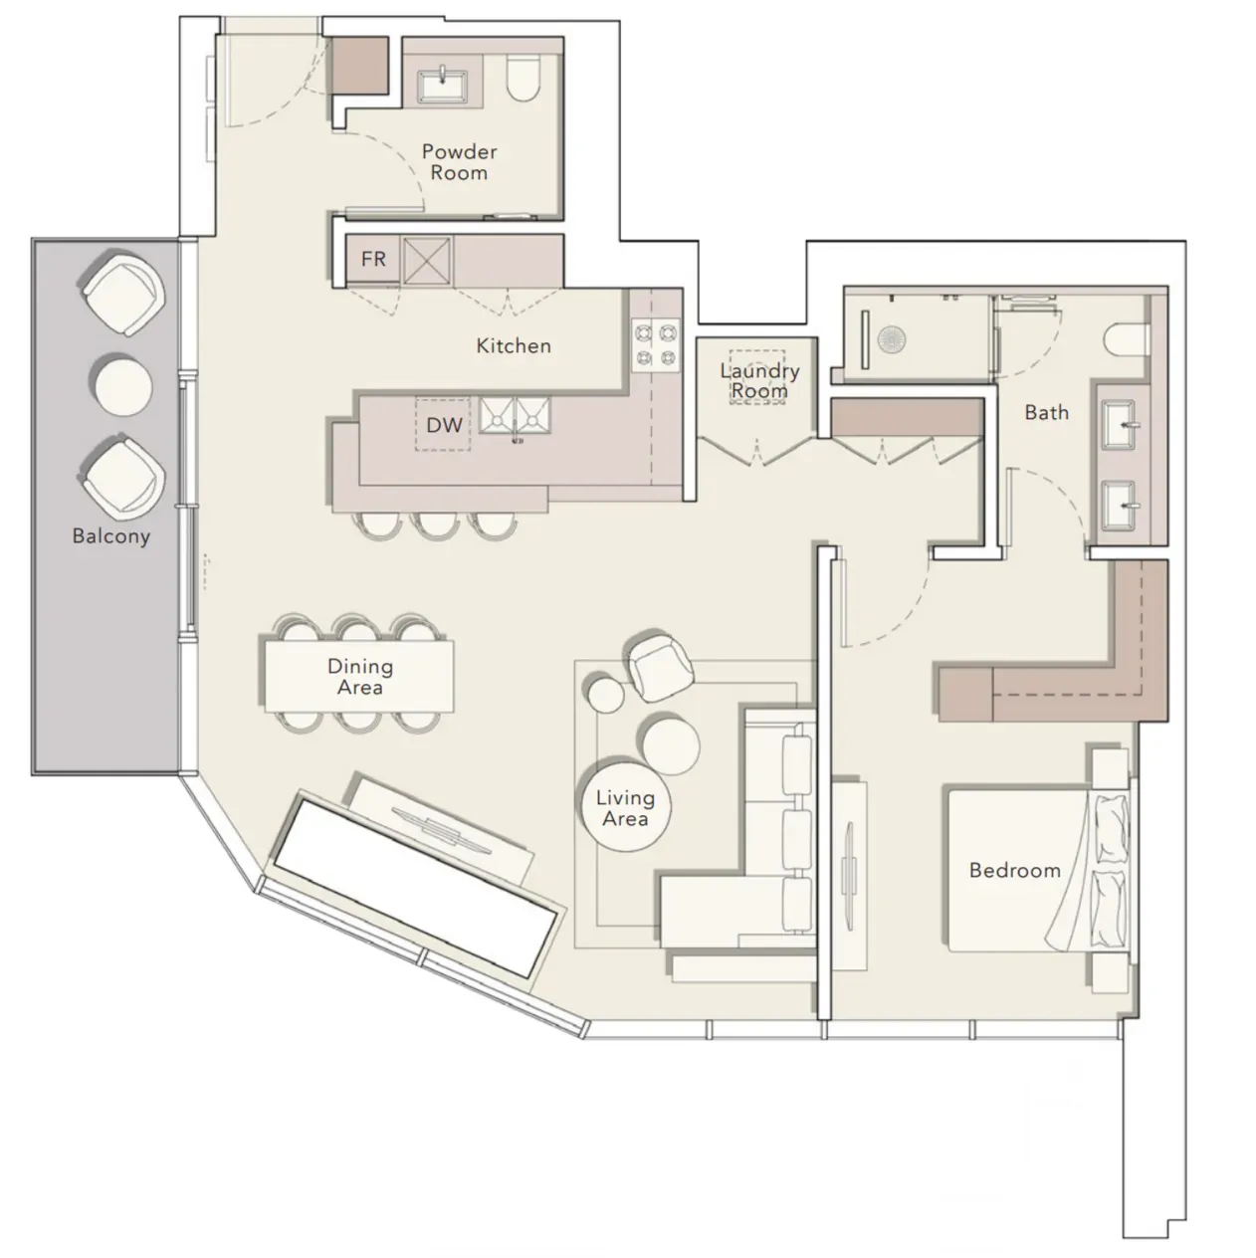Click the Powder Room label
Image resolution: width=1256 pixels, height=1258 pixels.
tap(459, 162)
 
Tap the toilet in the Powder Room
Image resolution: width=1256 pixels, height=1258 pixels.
tap(523, 78)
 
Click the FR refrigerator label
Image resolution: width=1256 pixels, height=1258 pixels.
tap(373, 259)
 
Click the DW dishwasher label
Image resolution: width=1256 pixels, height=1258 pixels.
tap(444, 426)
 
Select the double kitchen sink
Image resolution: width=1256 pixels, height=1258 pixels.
tap(515, 415)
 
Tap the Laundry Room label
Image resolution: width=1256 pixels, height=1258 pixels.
tap(759, 380)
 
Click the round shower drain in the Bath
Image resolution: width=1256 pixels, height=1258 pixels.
tap(891, 340)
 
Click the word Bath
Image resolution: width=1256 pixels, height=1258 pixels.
tap(1046, 413)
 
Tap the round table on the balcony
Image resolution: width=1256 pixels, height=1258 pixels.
tap(123, 386)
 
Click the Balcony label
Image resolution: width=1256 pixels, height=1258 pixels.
tap(111, 536)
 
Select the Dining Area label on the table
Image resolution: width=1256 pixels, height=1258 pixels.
tap(360, 677)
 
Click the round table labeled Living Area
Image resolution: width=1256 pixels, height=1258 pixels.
tap(626, 807)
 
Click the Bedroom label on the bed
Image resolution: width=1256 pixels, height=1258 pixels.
tap(1014, 870)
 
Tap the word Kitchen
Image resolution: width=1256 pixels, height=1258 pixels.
tap(514, 346)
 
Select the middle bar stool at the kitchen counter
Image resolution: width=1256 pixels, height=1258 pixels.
tap(437, 525)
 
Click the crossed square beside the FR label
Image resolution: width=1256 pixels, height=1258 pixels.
tap(427, 261)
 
